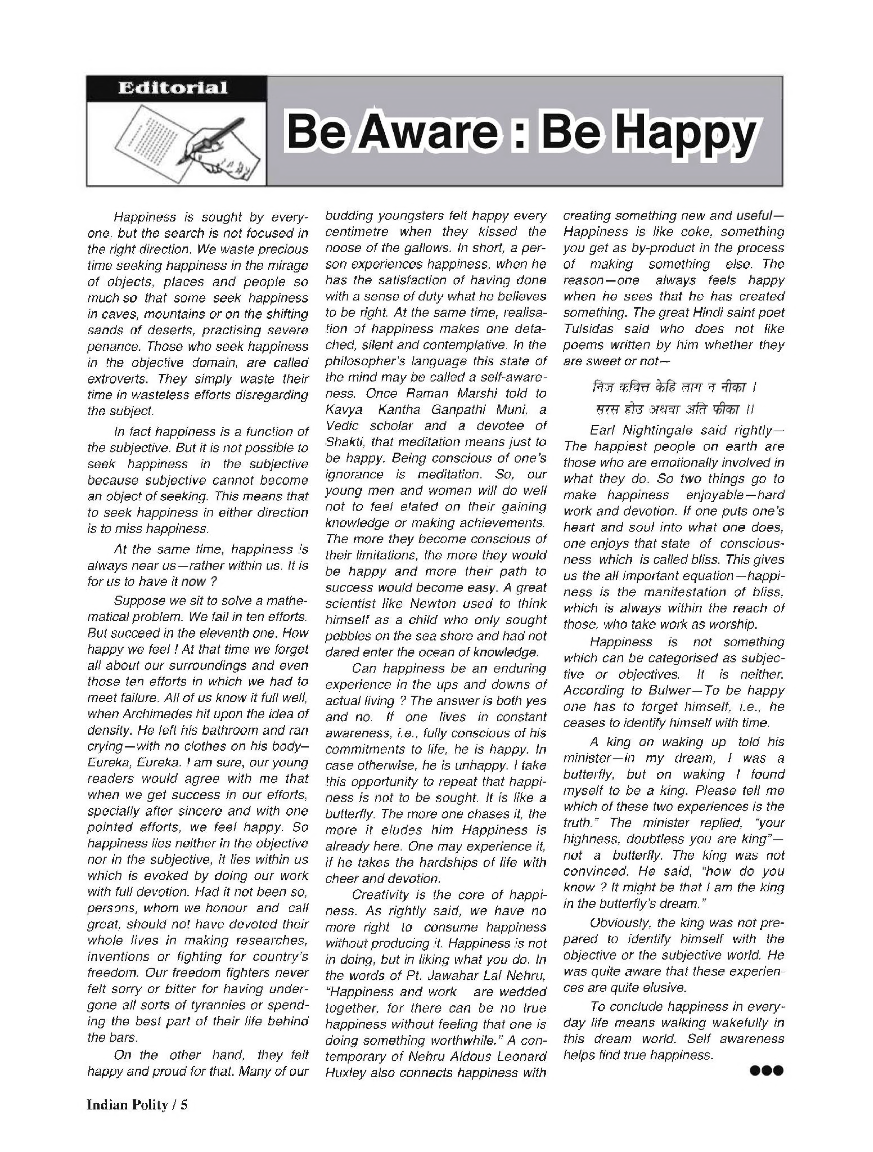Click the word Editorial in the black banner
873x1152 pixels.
click(172, 87)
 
